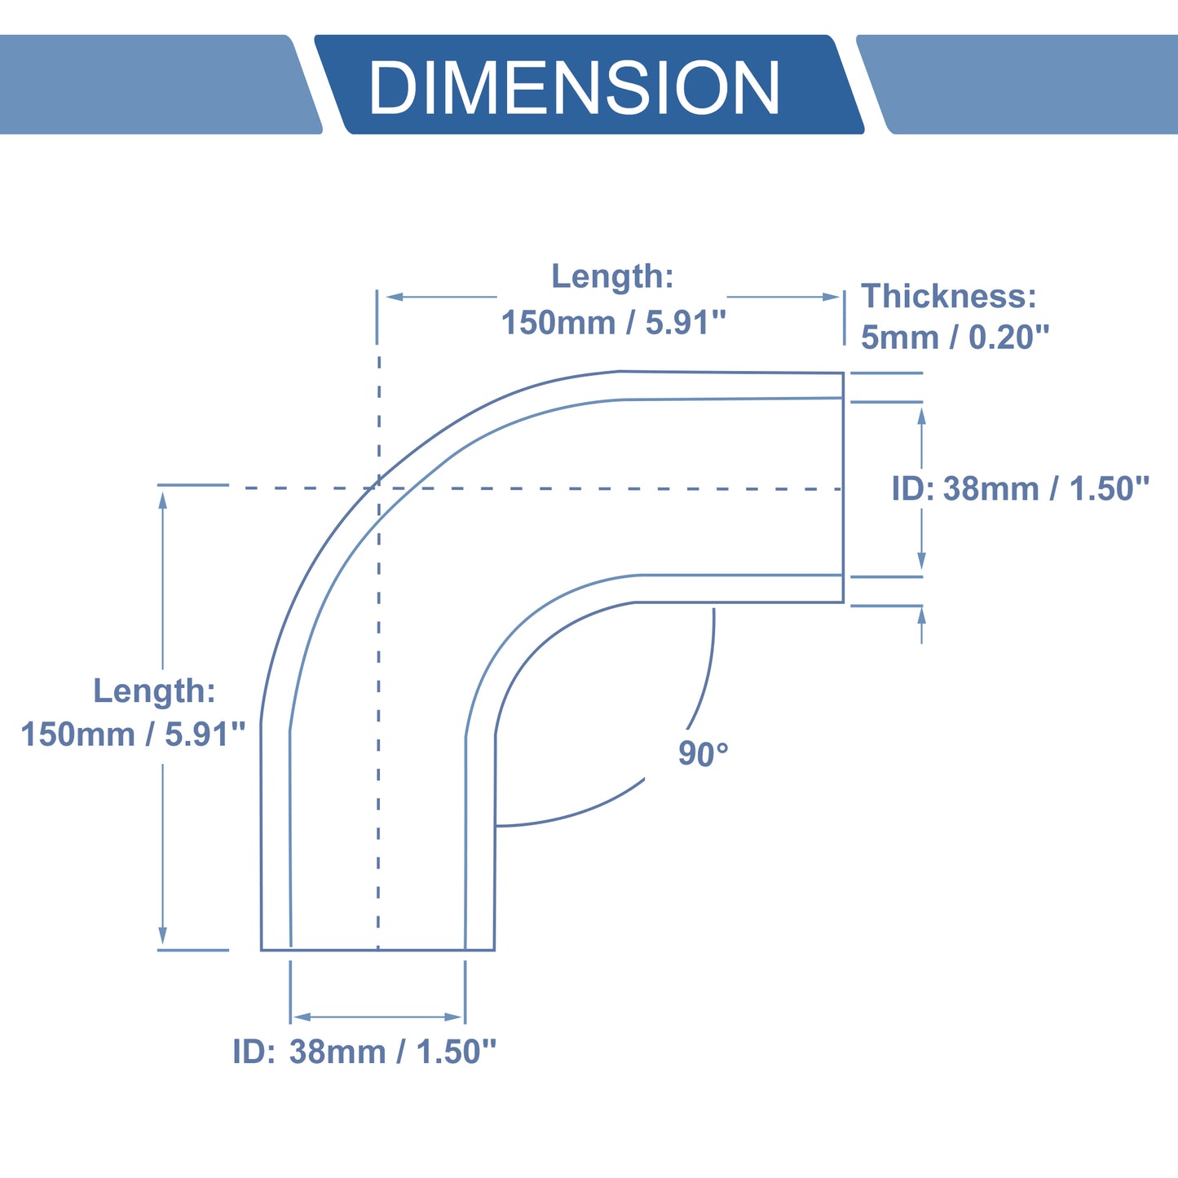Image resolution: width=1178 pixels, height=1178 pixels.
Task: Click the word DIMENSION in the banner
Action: pyautogui.click(x=574, y=86)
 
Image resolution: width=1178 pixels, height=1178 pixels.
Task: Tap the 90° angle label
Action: pyautogui.click(x=703, y=754)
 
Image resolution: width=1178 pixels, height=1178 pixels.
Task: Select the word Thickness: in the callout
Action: pyautogui.click(x=949, y=296)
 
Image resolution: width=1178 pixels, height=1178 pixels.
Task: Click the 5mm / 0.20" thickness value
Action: pyautogui.click(x=955, y=337)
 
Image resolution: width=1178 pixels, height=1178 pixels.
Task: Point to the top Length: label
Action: pyautogui.click(x=612, y=276)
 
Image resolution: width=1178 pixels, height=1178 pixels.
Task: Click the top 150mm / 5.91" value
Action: pyautogui.click(x=614, y=322)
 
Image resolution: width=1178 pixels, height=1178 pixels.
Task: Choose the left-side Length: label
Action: pyautogui.click(x=154, y=690)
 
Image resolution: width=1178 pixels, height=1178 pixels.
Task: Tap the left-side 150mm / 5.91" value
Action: pyautogui.click(x=133, y=734)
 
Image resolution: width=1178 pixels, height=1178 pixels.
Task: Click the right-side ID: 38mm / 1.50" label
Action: pyautogui.click(x=1021, y=488)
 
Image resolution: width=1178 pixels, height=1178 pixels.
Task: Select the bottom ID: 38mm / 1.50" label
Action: pyautogui.click(x=364, y=1052)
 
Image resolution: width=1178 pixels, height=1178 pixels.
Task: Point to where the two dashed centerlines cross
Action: pyautogui.click(x=378, y=488)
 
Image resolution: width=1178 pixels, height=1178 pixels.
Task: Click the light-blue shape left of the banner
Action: pyautogui.click(x=161, y=84)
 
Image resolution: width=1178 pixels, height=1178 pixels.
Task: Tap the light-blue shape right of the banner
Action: pyautogui.click(x=1017, y=84)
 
